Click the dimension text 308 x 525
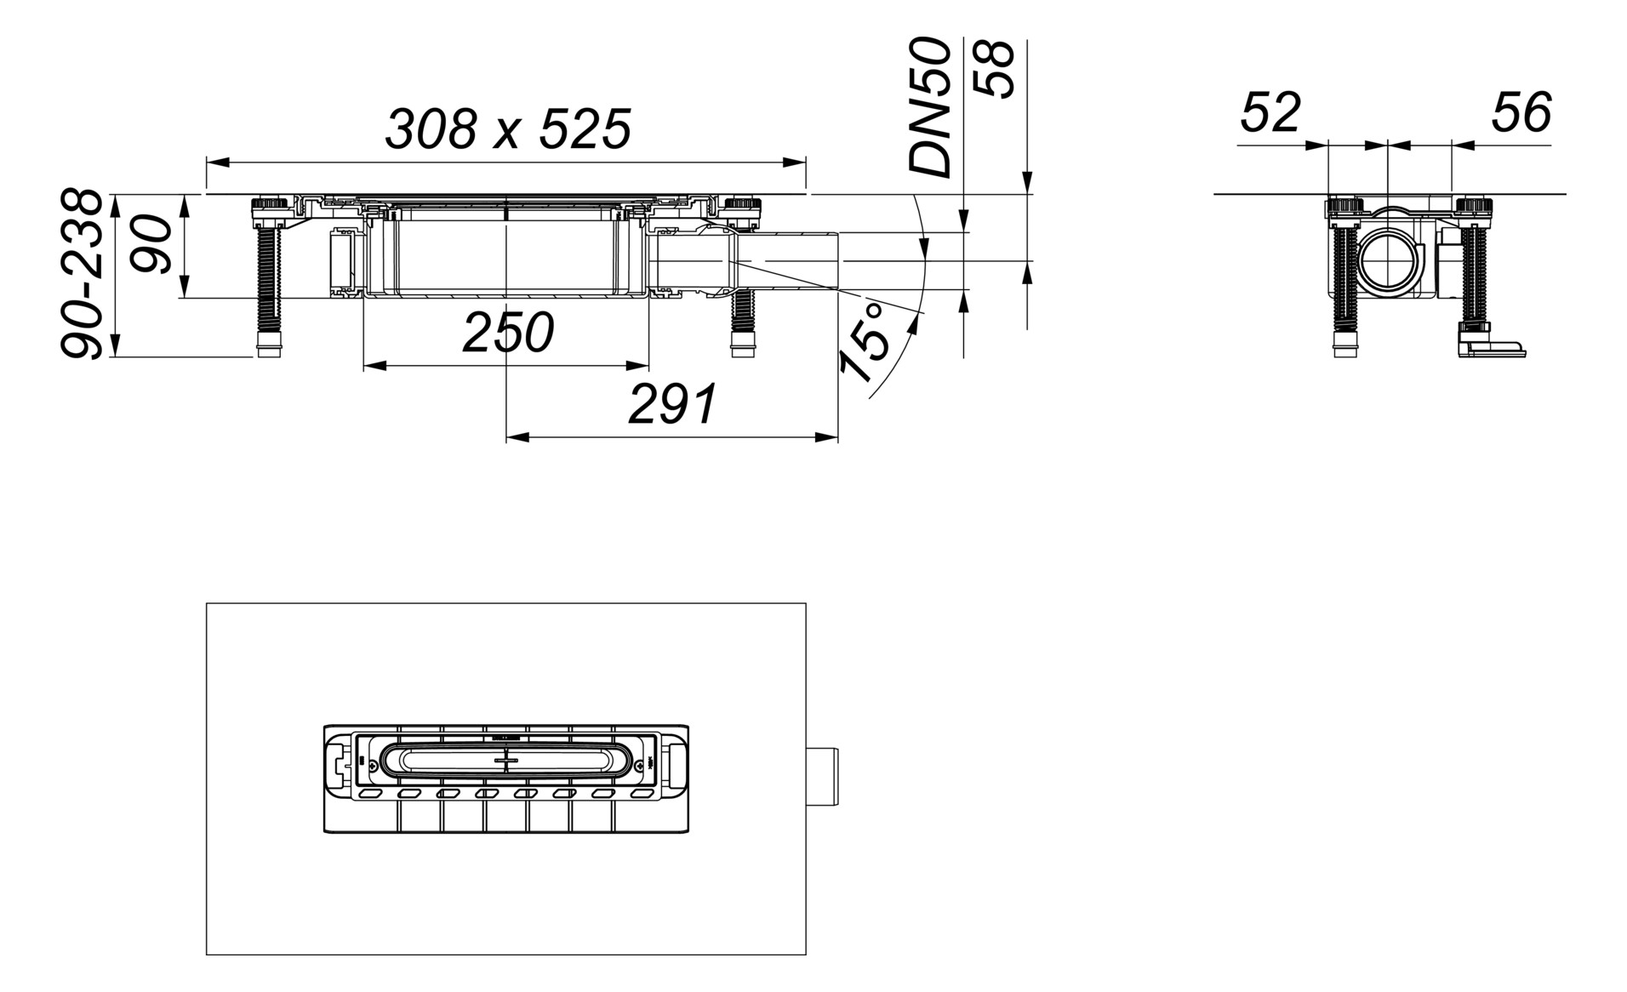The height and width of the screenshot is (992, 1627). coord(508,130)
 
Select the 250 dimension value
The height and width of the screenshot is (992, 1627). coord(508,333)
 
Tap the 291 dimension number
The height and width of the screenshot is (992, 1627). coord(672,405)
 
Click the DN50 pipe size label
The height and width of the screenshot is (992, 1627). coord(929,108)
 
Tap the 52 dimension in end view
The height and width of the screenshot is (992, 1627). coord(1270,112)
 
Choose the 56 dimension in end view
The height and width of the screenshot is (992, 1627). coord(1521,112)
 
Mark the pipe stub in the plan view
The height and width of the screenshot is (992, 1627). coord(822,778)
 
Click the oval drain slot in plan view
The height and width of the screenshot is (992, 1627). coord(505,761)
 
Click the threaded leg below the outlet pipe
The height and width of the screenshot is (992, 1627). coord(744,323)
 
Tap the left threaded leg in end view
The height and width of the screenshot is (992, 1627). coord(1344,281)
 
